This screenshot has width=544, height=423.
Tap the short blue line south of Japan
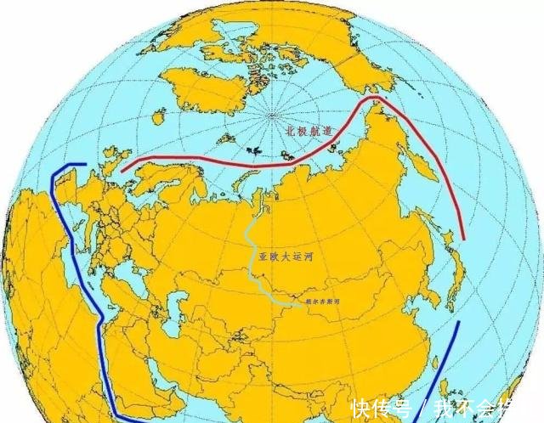450,357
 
